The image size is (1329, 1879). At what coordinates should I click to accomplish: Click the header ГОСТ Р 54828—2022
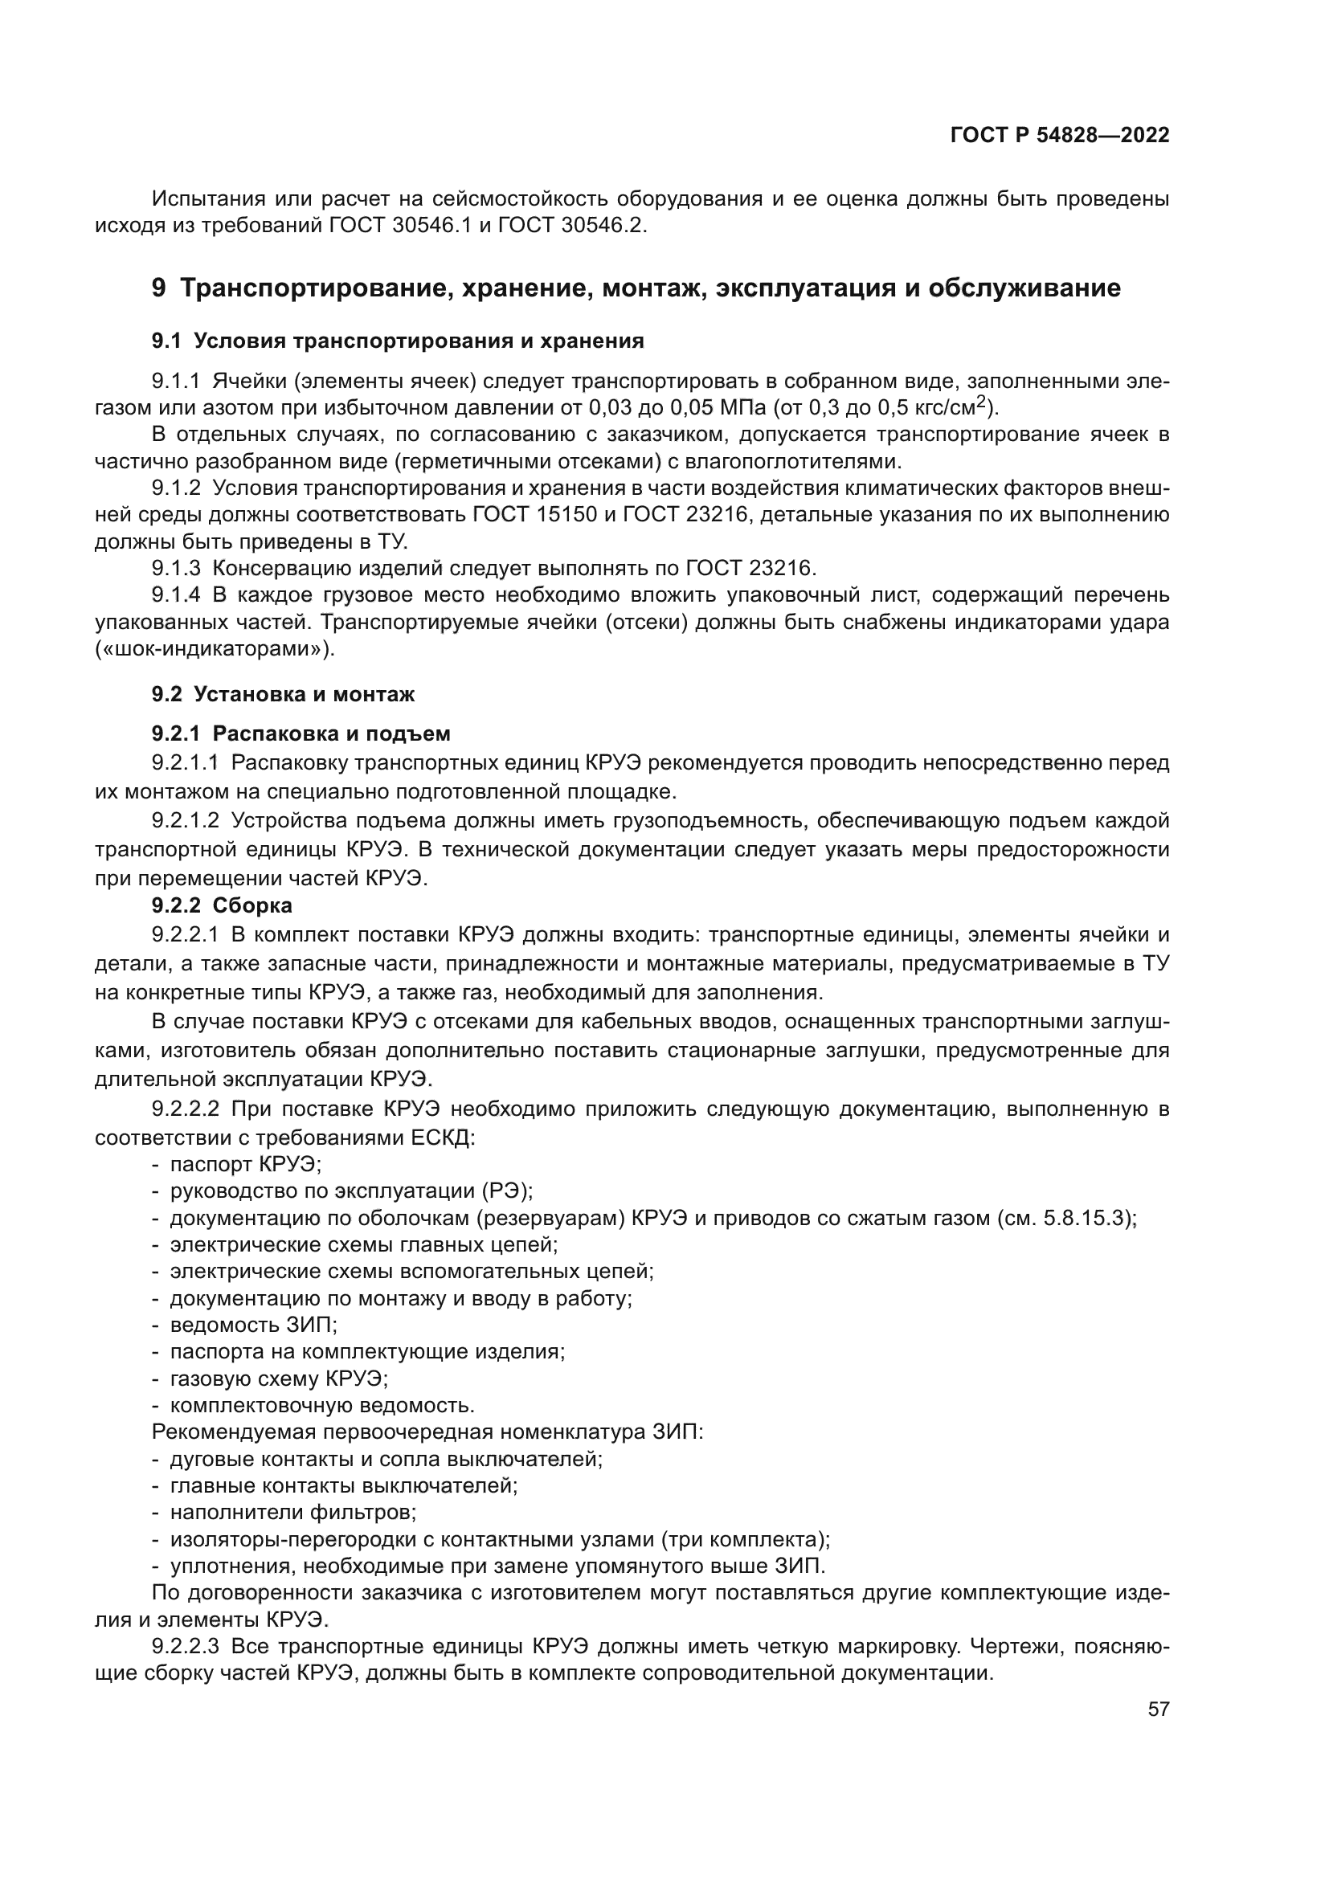pyautogui.click(x=1060, y=136)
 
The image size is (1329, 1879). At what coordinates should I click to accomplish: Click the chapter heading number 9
pyautogui.click(x=159, y=288)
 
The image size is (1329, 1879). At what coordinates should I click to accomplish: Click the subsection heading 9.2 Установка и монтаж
pyautogui.click(x=283, y=695)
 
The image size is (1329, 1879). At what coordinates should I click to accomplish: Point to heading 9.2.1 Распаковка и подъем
pyautogui.click(x=301, y=733)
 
